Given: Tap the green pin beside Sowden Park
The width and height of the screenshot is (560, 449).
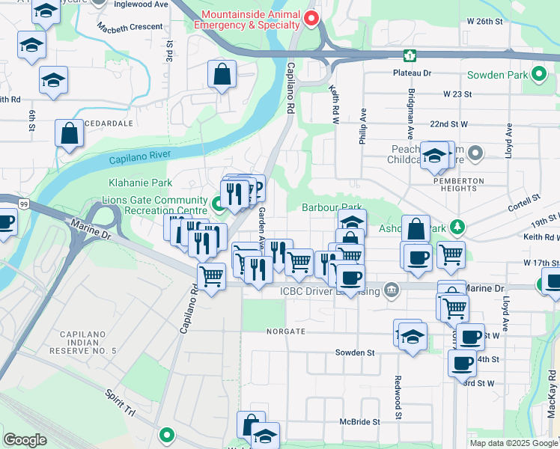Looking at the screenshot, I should click(538, 75).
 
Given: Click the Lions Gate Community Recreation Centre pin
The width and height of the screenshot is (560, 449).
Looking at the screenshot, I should click(218, 202).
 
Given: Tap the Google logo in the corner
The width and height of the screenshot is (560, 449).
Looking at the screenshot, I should click(24, 439).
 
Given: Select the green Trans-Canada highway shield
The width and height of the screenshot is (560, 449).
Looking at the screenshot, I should click(410, 55).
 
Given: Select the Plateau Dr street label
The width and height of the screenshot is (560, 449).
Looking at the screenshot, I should click(413, 73).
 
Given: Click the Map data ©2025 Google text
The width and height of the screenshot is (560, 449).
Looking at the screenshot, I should click(513, 443).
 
